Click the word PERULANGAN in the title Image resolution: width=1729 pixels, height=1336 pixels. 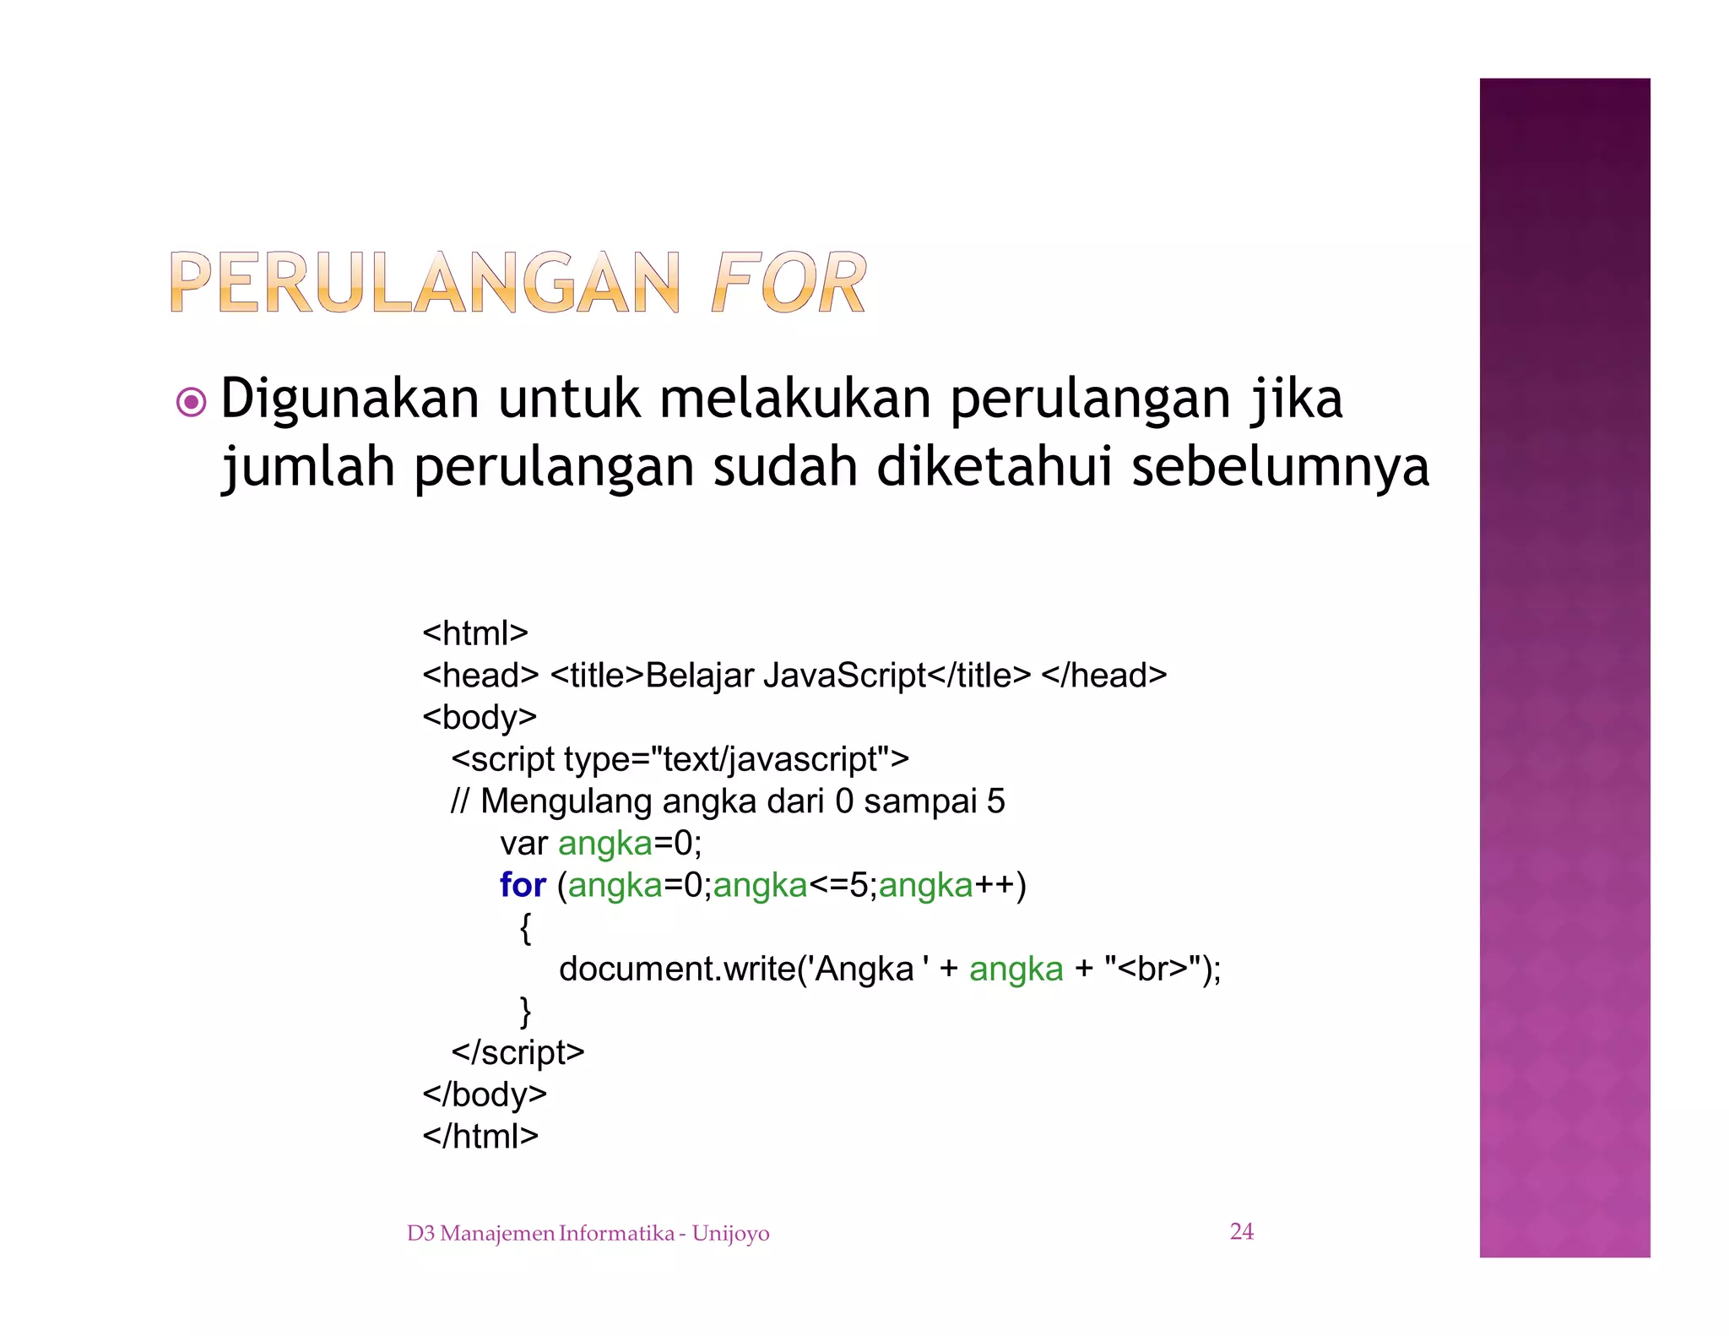point(425,283)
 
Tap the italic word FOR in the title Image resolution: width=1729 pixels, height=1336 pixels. point(789,283)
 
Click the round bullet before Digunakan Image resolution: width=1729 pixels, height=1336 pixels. point(192,402)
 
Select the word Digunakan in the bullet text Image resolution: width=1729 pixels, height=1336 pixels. point(350,399)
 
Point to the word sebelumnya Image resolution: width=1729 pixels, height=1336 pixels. point(1280,466)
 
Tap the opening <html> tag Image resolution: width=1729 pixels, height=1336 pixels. point(475,633)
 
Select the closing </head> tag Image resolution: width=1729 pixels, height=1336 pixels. point(1103,675)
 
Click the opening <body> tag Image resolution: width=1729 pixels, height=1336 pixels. point(480,717)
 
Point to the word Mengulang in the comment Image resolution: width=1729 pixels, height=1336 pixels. point(566,801)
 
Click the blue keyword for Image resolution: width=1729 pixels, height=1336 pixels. point(523,885)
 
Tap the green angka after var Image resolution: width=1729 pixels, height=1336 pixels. point(605,843)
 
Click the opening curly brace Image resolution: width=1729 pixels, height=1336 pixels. point(525,927)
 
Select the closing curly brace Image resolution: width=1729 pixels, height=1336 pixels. point(525,1011)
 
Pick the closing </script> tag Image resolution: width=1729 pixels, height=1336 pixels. point(518,1052)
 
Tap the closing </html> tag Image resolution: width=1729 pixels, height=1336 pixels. point(480,1136)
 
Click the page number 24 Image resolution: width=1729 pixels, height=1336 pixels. point(1241,1231)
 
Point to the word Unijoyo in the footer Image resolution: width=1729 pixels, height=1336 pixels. point(730,1234)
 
